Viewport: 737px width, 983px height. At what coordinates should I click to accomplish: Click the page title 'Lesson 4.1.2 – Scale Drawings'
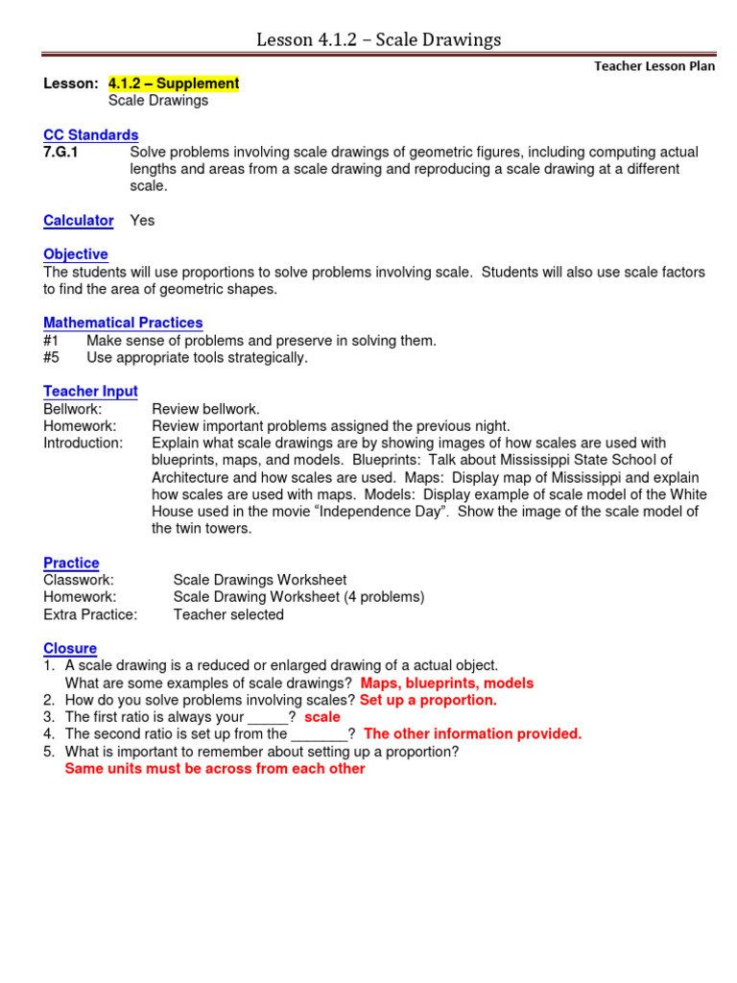point(378,39)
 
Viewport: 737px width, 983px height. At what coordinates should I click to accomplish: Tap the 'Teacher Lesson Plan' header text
point(654,66)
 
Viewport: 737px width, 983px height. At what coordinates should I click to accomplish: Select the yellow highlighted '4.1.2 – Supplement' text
point(174,84)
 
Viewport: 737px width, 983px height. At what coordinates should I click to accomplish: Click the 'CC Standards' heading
point(91,135)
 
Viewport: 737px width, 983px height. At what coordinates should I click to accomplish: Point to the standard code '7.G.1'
point(63,153)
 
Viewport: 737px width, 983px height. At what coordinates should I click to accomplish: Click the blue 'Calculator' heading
point(79,221)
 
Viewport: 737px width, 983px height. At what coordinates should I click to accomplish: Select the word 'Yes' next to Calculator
point(142,221)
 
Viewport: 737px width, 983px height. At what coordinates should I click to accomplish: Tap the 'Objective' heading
point(76,254)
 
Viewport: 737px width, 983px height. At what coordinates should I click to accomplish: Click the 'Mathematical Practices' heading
point(123,324)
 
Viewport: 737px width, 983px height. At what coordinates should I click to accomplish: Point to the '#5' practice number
point(52,358)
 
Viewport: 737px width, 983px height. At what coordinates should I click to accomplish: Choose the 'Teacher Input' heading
point(91,392)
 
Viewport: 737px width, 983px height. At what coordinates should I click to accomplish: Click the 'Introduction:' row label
point(83,444)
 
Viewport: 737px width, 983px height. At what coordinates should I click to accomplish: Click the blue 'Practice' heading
point(71,563)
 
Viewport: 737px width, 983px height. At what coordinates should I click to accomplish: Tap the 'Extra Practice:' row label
point(90,614)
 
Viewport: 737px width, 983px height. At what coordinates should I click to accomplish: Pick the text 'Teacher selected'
point(228,614)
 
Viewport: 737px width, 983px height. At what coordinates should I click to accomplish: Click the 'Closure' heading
point(70,649)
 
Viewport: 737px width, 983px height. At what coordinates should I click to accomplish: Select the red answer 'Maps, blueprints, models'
point(447,683)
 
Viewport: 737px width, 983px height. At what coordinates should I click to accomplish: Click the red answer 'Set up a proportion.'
point(428,701)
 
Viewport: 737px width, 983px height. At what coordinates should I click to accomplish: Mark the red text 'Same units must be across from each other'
point(215,769)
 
